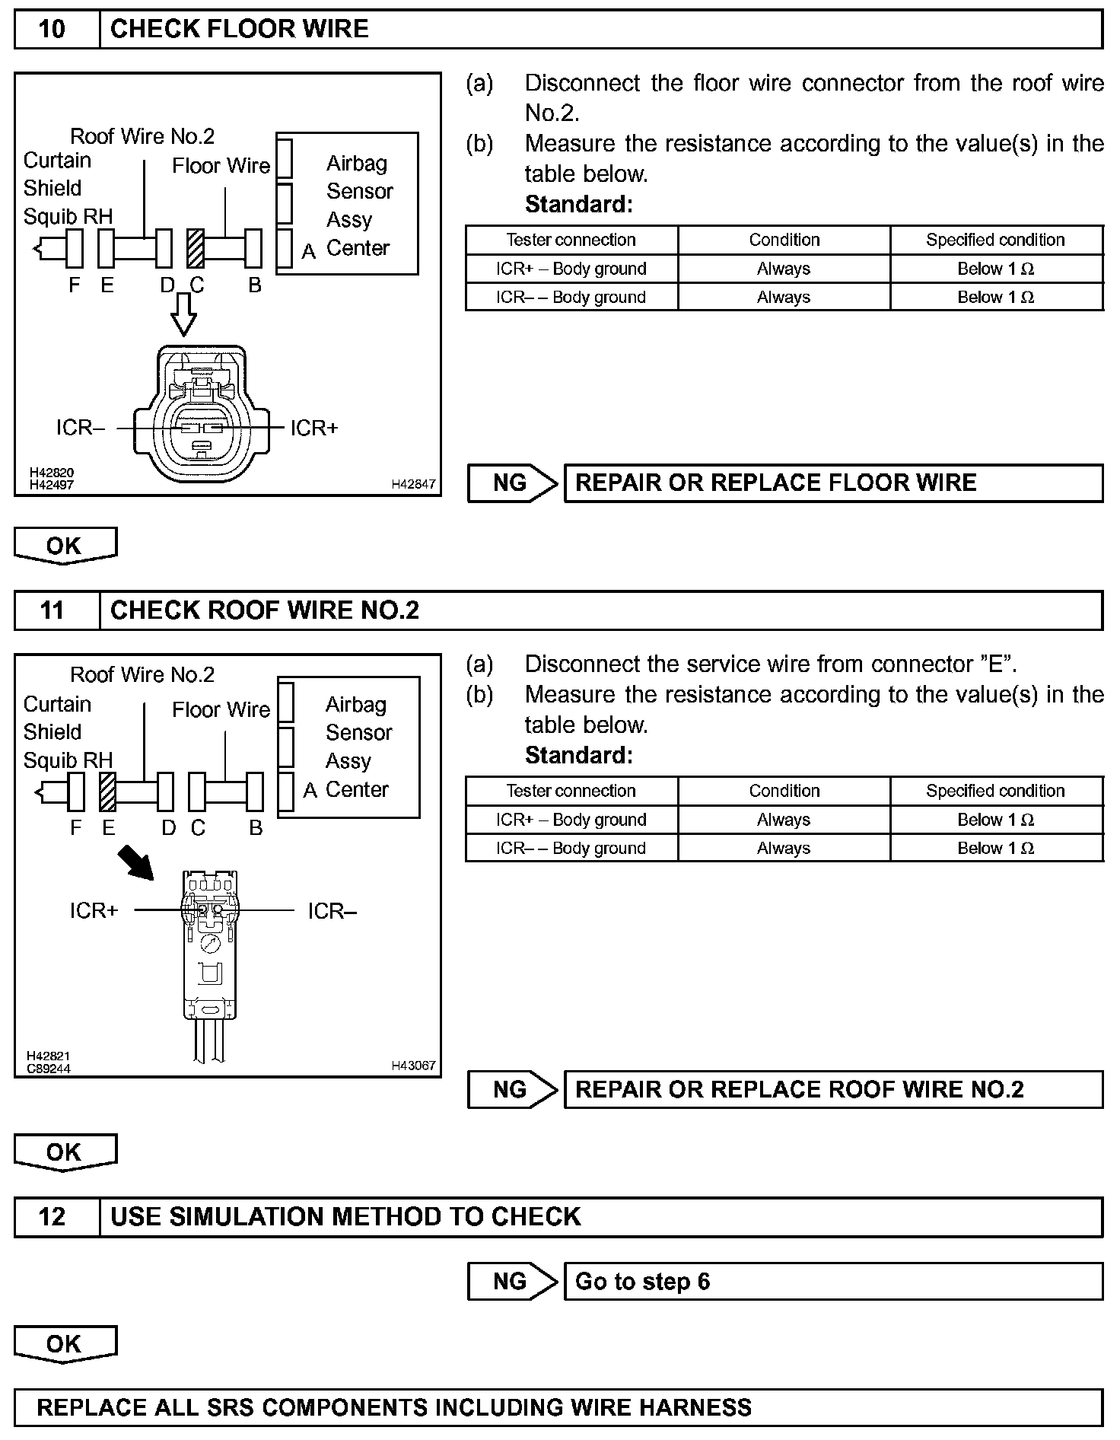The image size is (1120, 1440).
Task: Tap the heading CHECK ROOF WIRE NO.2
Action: [264, 610]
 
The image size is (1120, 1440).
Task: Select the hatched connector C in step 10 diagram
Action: [196, 248]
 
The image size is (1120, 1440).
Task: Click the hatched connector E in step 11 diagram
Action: [108, 792]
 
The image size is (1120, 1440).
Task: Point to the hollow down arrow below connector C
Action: [183, 314]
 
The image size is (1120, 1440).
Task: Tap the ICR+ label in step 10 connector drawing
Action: [313, 428]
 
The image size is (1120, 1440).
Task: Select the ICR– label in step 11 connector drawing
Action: [332, 910]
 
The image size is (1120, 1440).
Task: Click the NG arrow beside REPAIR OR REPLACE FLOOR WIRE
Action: [513, 483]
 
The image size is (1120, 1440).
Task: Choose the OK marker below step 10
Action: [65, 546]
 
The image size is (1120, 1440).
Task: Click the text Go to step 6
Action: [642, 1282]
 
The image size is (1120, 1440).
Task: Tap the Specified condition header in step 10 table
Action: [995, 240]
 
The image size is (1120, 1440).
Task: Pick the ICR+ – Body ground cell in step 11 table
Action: [571, 820]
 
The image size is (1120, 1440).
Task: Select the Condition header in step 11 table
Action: [784, 791]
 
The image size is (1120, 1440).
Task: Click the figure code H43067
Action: [413, 1066]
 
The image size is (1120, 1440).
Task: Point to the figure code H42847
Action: [413, 484]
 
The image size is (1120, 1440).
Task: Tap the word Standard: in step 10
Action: [578, 204]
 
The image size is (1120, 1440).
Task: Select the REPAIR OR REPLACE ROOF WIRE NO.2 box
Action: [832, 1090]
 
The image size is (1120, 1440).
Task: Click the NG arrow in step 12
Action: [513, 1282]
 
